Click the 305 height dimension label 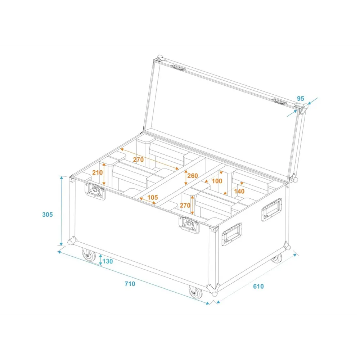click(48, 215)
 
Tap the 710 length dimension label click(130, 284)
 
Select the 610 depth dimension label click(258, 286)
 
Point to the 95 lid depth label click(301, 99)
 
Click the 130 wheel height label click(107, 261)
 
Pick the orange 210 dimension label click(97, 172)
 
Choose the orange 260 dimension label click(192, 176)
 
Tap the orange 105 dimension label click(152, 197)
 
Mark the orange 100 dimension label click(217, 181)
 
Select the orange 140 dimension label click(239, 191)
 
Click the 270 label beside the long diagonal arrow click(138, 159)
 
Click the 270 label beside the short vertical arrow click(185, 205)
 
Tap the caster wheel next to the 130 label click(89, 255)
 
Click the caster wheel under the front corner click(195, 292)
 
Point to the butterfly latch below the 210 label click(95, 191)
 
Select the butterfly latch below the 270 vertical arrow click(189, 225)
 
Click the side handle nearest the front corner click(231, 234)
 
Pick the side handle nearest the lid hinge click(271, 210)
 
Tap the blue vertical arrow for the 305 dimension click(61, 211)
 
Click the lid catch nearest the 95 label click(279, 102)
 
